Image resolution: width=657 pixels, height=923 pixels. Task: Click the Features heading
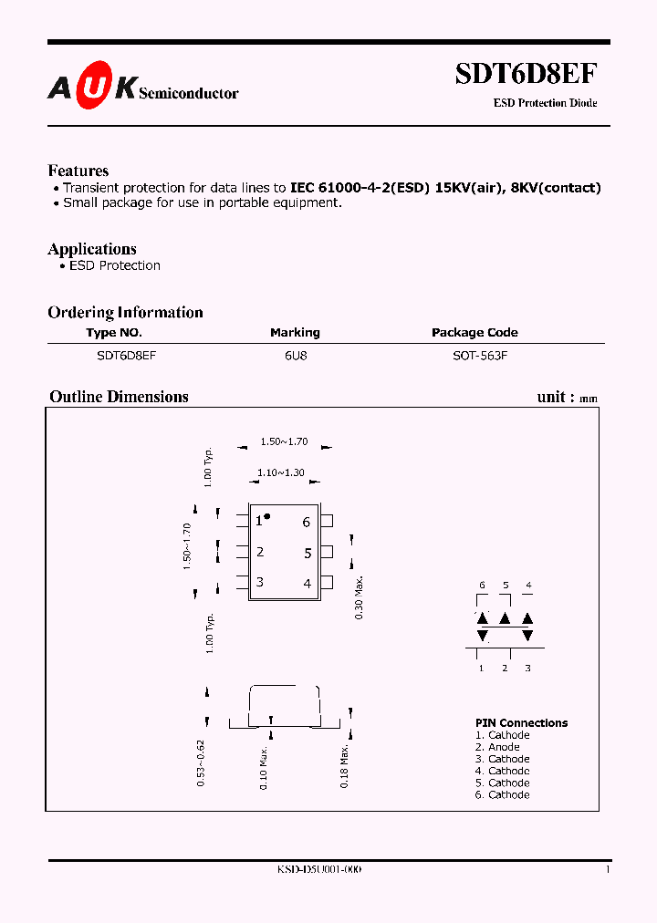(x=78, y=171)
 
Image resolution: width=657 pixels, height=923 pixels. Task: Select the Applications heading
(x=92, y=249)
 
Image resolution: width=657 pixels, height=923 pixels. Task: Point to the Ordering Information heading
(x=125, y=312)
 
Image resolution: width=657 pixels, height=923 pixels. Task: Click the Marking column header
(x=295, y=333)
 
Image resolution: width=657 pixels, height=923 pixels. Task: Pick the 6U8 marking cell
(x=295, y=357)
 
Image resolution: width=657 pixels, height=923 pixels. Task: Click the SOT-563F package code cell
(x=480, y=357)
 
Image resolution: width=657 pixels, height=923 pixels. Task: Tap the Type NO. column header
(x=114, y=333)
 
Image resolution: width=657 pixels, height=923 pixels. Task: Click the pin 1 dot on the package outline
(x=268, y=516)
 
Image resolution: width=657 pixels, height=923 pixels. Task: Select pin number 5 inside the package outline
(x=308, y=553)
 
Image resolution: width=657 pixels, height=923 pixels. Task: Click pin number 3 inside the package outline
(x=260, y=582)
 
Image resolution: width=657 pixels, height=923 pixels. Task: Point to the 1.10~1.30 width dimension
(x=280, y=472)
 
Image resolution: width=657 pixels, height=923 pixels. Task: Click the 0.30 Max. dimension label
(x=360, y=597)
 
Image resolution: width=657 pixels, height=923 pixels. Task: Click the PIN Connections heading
(x=521, y=722)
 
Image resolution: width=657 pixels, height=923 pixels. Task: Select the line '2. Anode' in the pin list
(x=497, y=747)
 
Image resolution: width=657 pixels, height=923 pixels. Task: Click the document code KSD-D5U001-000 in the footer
(x=319, y=870)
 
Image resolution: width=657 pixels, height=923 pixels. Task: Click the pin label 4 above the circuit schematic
(x=528, y=585)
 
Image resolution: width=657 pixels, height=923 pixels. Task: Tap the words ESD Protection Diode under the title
(x=546, y=103)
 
